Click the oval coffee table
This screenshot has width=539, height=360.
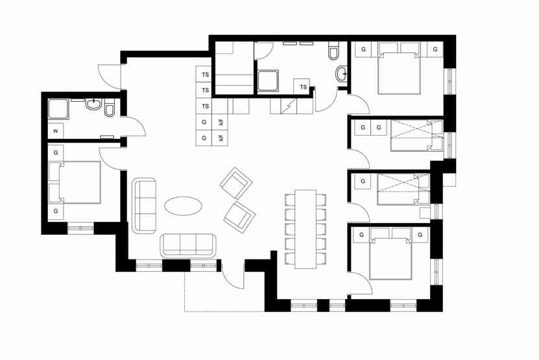coord(183,206)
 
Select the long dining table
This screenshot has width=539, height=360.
coord(305,229)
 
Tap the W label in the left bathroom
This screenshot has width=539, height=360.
coord(56,131)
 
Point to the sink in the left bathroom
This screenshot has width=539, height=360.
coord(93,104)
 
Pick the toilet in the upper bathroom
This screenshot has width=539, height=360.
coord(333,51)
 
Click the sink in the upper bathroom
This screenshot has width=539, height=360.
coord(341,73)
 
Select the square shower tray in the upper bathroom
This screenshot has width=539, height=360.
coord(268,81)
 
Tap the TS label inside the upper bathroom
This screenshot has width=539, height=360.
coord(303,87)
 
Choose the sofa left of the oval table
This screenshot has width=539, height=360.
coord(144,205)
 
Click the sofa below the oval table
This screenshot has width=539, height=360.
coord(188,245)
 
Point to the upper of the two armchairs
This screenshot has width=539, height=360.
coord(236,183)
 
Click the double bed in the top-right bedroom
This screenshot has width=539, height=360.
coord(399,68)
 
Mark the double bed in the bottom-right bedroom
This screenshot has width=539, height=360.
coord(390,254)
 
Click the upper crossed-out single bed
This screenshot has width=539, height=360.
coord(417,136)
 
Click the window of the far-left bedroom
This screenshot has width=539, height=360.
coord(81,228)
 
